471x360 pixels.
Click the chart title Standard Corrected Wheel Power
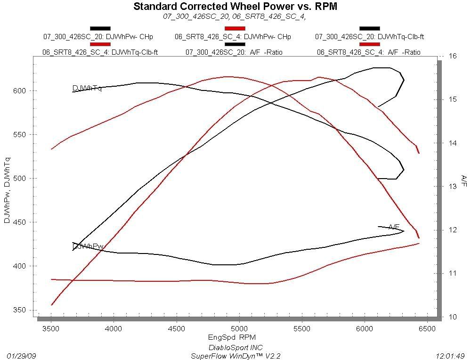click(235, 7)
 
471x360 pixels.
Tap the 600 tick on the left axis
click(26, 90)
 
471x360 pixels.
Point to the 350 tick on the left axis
click(26, 310)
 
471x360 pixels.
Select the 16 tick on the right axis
click(453, 56)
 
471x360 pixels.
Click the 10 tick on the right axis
click(453, 317)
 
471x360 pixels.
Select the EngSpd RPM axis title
click(235, 337)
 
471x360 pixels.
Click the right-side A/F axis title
click(463, 180)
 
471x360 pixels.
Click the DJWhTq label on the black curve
click(87, 88)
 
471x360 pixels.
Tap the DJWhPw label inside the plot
click(88, 246)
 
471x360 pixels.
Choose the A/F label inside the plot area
click(394, 227)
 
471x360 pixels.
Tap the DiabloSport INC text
click(235, 348)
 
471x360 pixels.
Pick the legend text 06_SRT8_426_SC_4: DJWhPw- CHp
click(233, 37)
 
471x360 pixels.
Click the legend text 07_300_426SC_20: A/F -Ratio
click(234, 52)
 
